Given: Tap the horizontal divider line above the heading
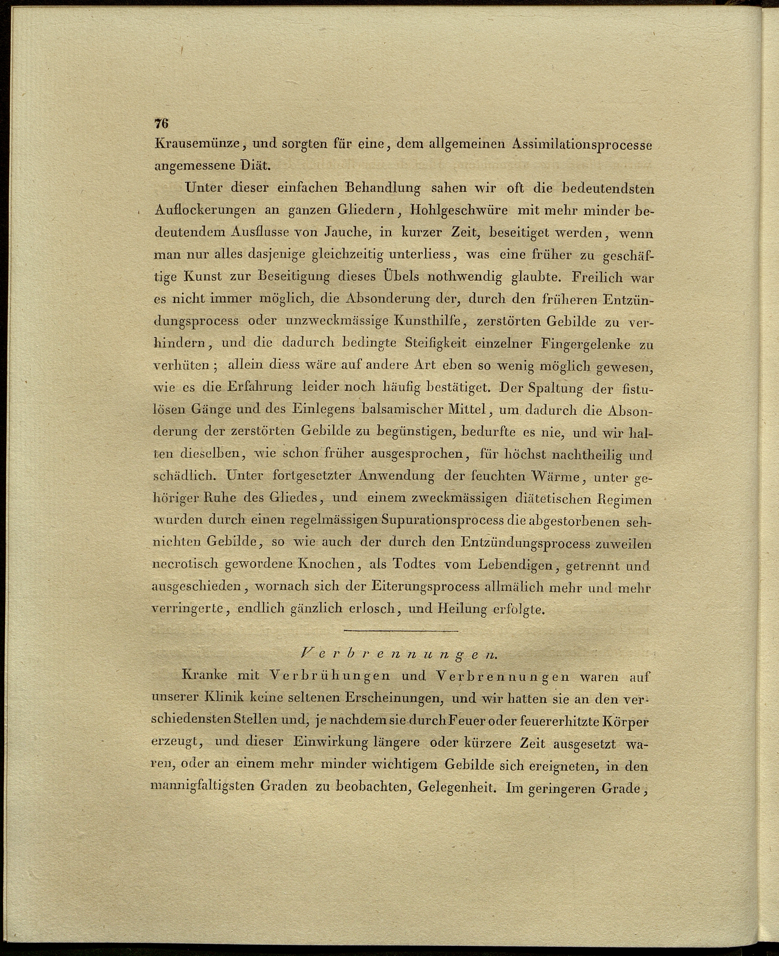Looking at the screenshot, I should pos(400,631).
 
